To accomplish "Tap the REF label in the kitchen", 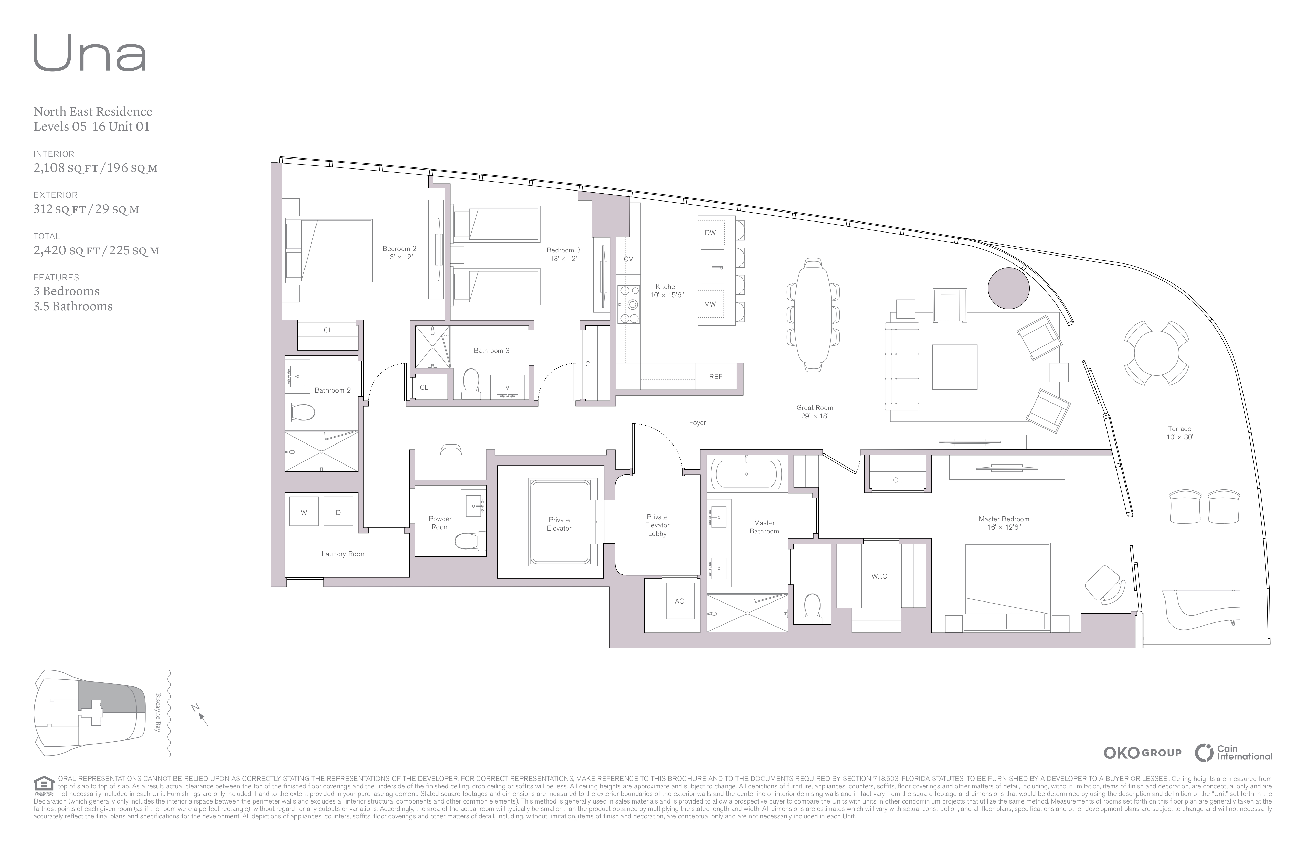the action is point(715,377).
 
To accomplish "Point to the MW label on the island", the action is point(710,304).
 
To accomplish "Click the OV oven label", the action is point(628,259).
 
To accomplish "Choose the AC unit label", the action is point(679,601).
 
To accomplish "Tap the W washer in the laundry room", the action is point(303,512).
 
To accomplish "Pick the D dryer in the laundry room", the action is point(338,512).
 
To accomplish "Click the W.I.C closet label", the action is point(879,576).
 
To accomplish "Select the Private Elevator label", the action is point(559,524).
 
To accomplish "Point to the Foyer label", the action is point(698,422).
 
